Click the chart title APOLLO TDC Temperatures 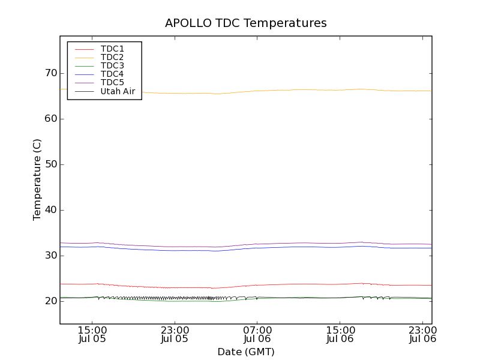[245, 23]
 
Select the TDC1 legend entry [112, 49]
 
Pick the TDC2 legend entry [112, 57]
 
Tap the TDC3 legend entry [112, 65]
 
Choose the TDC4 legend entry [112, 74]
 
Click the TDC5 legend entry [112, 82]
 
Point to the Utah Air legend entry [118, 91]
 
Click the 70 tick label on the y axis [50, 73]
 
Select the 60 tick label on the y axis [50, 119]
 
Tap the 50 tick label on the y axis [50, 164]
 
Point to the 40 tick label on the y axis [50, 210]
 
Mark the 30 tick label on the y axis [50, 256]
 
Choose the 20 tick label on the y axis [50, 301]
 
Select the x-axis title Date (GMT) [245, 352]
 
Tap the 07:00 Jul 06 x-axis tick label [257, 334]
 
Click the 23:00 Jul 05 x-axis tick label [175, 334]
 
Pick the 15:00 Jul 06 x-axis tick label [340, 334]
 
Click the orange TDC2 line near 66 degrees [288, 90]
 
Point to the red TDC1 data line [288, 284]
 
